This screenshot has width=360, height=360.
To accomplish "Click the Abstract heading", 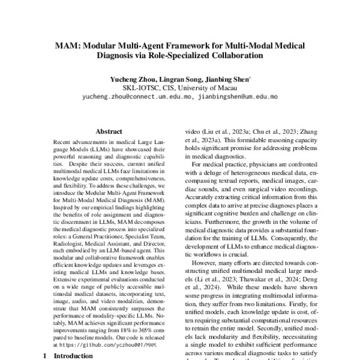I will coord(109,131).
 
